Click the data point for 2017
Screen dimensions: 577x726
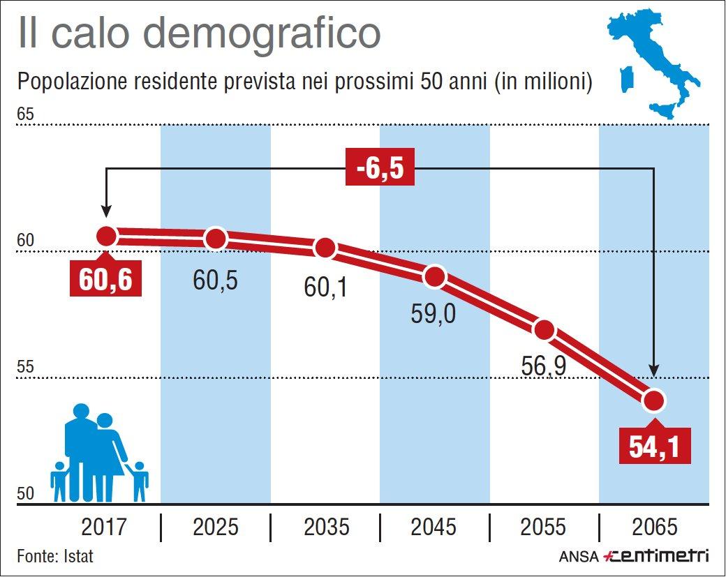[x=106, y=236]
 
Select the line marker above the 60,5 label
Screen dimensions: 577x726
[x=216, y=239]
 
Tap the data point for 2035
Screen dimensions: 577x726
[x=325, y=248]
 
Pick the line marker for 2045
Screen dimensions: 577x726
[x=435, y=276]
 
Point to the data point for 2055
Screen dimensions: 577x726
[x=544, y=330]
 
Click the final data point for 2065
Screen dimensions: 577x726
[x=654, y=400]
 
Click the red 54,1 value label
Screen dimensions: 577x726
[x=655, y=447]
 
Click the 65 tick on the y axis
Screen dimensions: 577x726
[x=25, y=114]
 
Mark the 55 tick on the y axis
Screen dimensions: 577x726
[x=25, y=367]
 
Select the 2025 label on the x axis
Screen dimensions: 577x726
[x=216, y=527]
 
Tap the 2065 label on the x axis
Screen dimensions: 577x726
[x=654, y=527]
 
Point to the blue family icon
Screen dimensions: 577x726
[x=99, y=454]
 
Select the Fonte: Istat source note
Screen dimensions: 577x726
[x=55, y=557]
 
